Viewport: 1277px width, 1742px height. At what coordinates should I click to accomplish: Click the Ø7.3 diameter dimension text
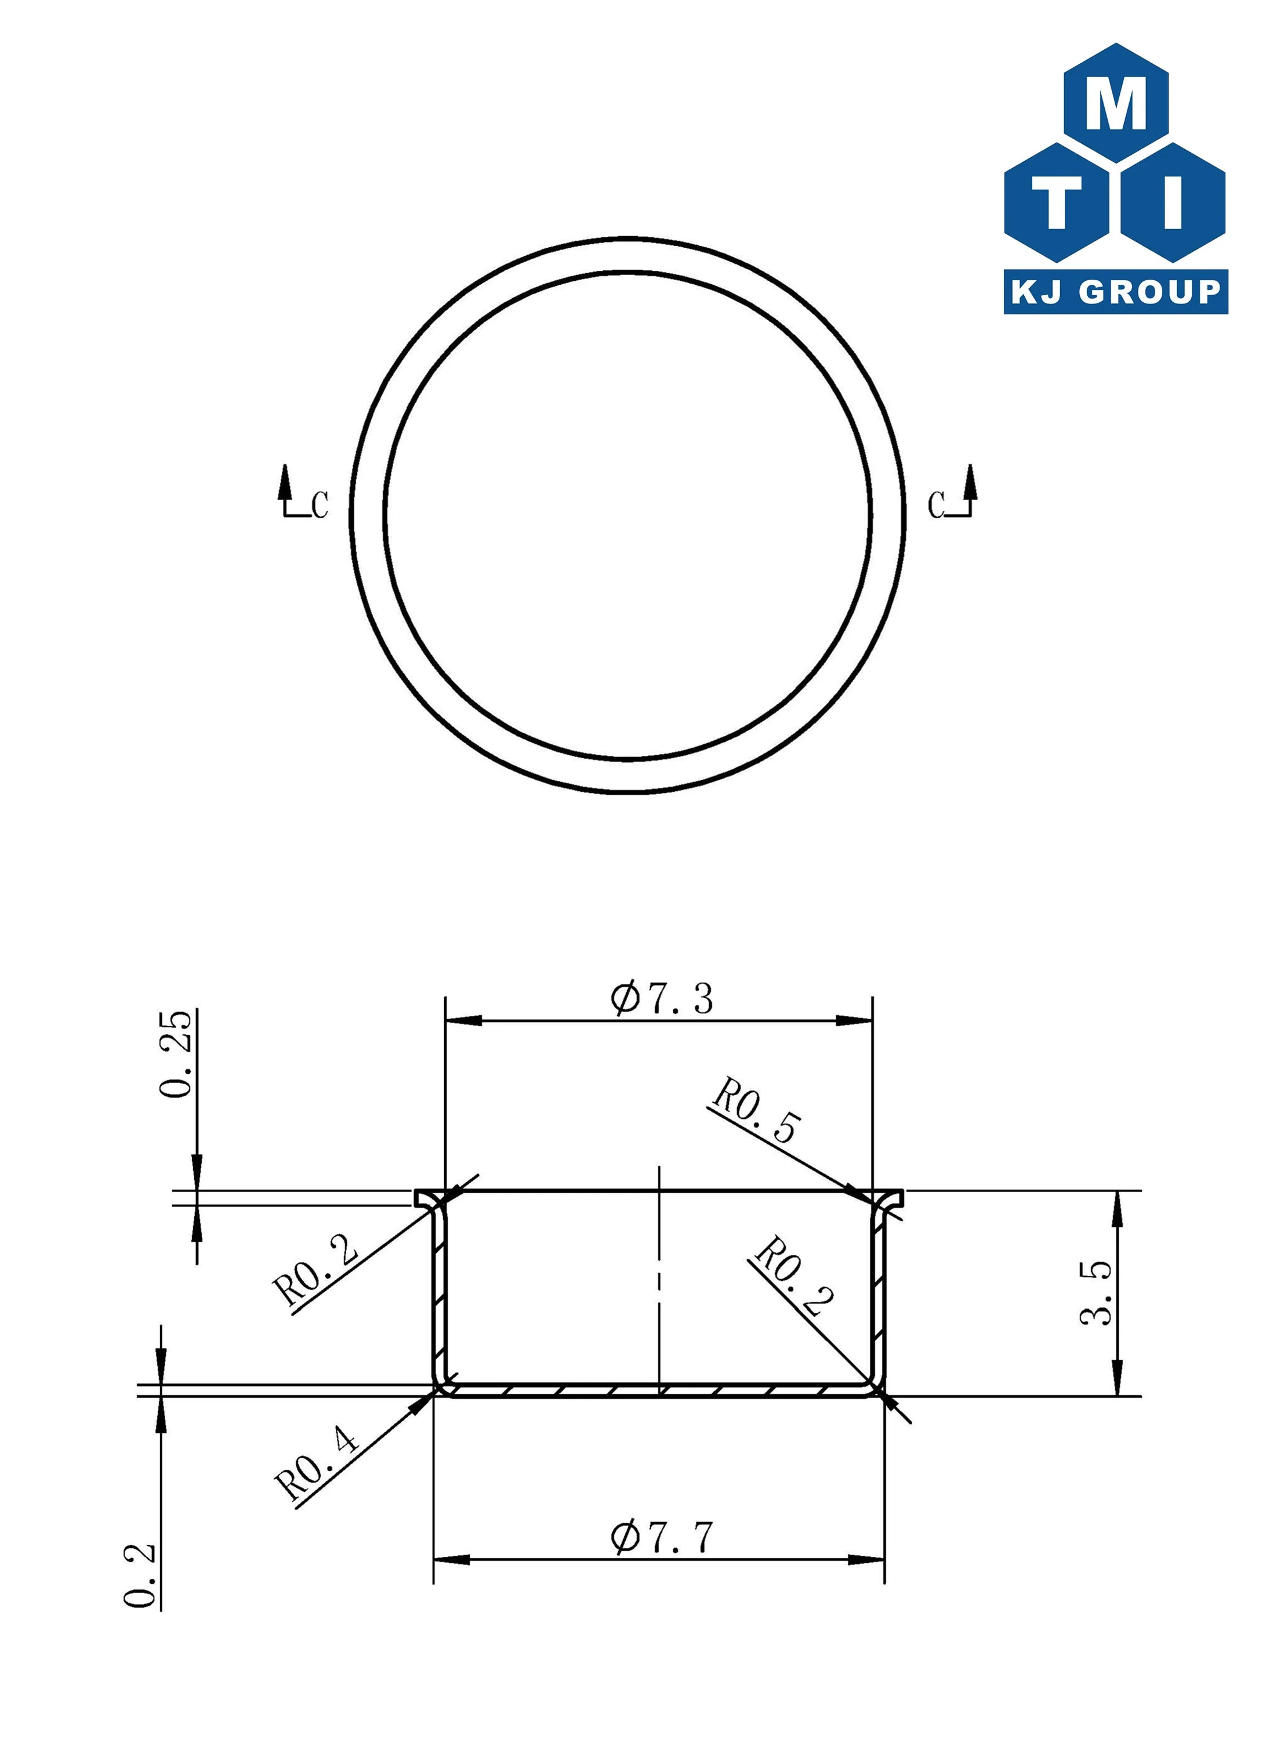pyautogui.click(x=662, y=998)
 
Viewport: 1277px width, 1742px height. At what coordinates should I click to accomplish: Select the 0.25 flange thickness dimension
pyautogui.click(x=176, y=1053)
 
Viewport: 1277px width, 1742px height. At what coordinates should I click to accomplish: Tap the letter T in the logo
pyautogui.click(x=1057, y=202)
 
